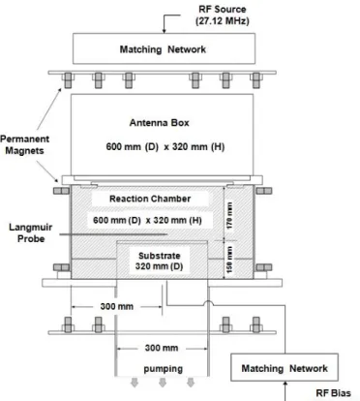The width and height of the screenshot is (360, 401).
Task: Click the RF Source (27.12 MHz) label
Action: pos(223,15)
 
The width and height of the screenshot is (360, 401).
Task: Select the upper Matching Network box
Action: pos(164,48)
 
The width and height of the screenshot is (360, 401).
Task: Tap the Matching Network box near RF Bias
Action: pos(285,367)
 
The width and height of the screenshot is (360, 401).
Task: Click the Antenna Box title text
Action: pos(160,123)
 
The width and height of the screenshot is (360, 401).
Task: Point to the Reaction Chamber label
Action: pos(150,199)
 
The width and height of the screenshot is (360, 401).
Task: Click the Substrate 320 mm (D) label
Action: pos(159,261)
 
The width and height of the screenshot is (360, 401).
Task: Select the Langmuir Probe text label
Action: pos(31,232)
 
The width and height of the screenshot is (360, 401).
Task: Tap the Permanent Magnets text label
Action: pos(25,144)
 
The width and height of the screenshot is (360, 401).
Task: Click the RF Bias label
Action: pos(333,393)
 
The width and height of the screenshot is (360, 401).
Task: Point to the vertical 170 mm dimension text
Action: pos(229,215)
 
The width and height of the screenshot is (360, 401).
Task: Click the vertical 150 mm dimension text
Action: pos(229,260)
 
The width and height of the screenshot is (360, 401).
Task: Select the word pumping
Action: pos(163,369)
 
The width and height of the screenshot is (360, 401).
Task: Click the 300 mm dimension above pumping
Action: pos(162,348)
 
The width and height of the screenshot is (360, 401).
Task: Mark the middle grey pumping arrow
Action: pos(163,383)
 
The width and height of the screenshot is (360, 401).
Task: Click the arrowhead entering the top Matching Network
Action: pos(164,31)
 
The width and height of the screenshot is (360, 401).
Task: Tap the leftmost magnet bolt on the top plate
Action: pos(68,80)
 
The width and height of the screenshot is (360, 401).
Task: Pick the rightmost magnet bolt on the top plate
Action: pos(255,80)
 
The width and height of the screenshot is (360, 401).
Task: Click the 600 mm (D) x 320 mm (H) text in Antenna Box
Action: pos(165,147)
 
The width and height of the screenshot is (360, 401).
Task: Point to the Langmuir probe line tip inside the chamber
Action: pos(167,234)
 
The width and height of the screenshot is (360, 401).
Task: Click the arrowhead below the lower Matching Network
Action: pos(285,384)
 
